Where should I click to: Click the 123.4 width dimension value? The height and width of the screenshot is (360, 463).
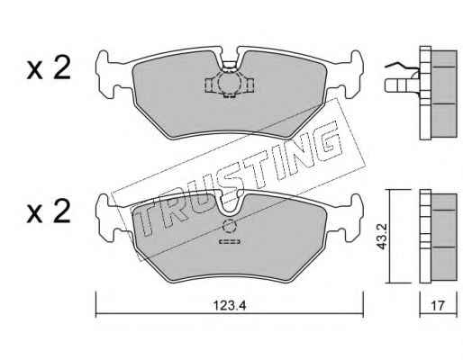(230, 306)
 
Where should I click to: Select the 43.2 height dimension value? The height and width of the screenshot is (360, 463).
(382, 236)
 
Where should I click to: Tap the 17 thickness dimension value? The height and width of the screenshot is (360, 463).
(438, 306)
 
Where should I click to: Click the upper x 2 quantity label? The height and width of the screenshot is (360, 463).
(49, 68)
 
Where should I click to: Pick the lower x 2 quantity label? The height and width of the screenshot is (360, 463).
(49, 211)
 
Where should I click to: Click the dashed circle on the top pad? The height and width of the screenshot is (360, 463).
(230, 82)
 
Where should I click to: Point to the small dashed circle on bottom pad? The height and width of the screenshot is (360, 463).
(230, 227)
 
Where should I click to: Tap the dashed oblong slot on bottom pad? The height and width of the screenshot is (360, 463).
(230, 241)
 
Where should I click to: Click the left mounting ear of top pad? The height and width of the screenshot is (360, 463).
(106, 75)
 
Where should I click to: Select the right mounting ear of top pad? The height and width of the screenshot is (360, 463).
(352, 75)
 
